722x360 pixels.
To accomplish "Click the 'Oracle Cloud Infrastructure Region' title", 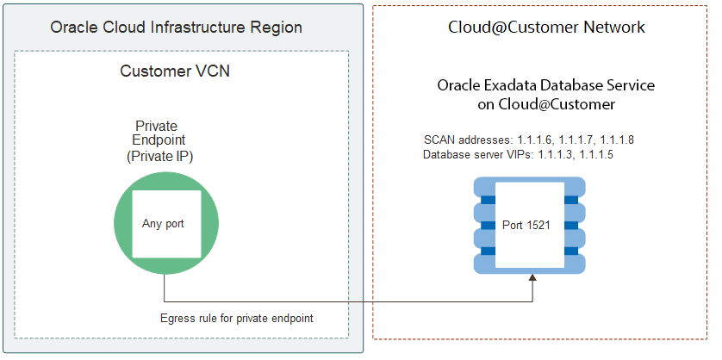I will [x=176, y=28].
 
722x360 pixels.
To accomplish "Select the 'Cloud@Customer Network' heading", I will [x=546, y=28].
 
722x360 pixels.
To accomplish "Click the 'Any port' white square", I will [x=163, y=223].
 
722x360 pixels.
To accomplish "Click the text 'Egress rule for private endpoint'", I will [x=236, y=318].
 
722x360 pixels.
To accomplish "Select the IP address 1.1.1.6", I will [x=534, y=140].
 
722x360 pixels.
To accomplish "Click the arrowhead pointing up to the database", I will [x=533, y=279].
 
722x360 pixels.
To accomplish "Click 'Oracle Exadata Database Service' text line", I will [x=546, y=86].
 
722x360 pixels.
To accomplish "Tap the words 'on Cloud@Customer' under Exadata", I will [x=546, y=103].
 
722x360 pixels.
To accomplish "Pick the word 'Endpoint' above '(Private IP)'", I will [x=159, y=140].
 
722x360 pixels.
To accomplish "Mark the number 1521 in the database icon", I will [x=543, y=225].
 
